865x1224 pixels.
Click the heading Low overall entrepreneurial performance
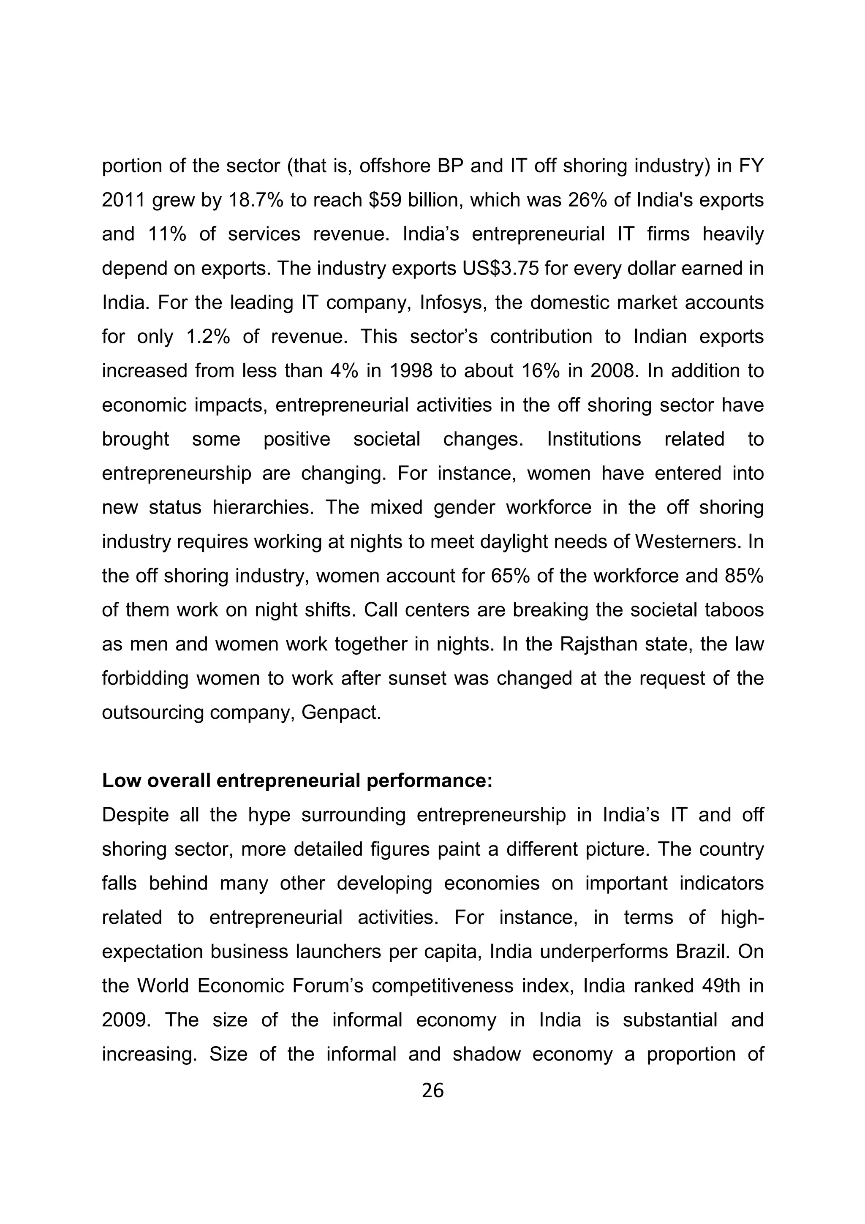point(297,781)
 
